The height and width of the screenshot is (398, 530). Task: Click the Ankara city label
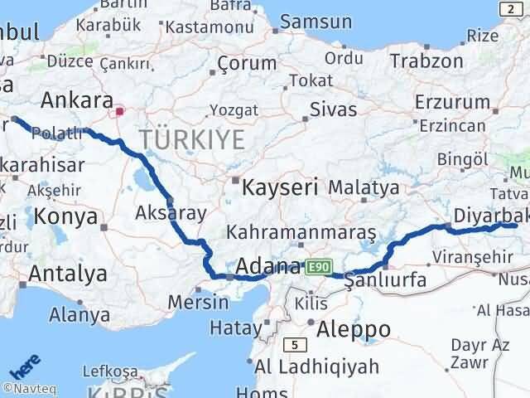76,100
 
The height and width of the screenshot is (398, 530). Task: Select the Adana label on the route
267,267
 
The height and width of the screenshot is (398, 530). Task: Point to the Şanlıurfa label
386,280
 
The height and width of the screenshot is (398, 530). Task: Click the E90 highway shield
320,267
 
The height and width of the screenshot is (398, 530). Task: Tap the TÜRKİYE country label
192,139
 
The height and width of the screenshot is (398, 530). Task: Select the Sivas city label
333,109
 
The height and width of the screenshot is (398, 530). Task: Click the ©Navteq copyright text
29,387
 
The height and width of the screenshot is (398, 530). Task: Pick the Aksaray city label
170,213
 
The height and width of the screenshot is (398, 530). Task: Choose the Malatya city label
364,187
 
